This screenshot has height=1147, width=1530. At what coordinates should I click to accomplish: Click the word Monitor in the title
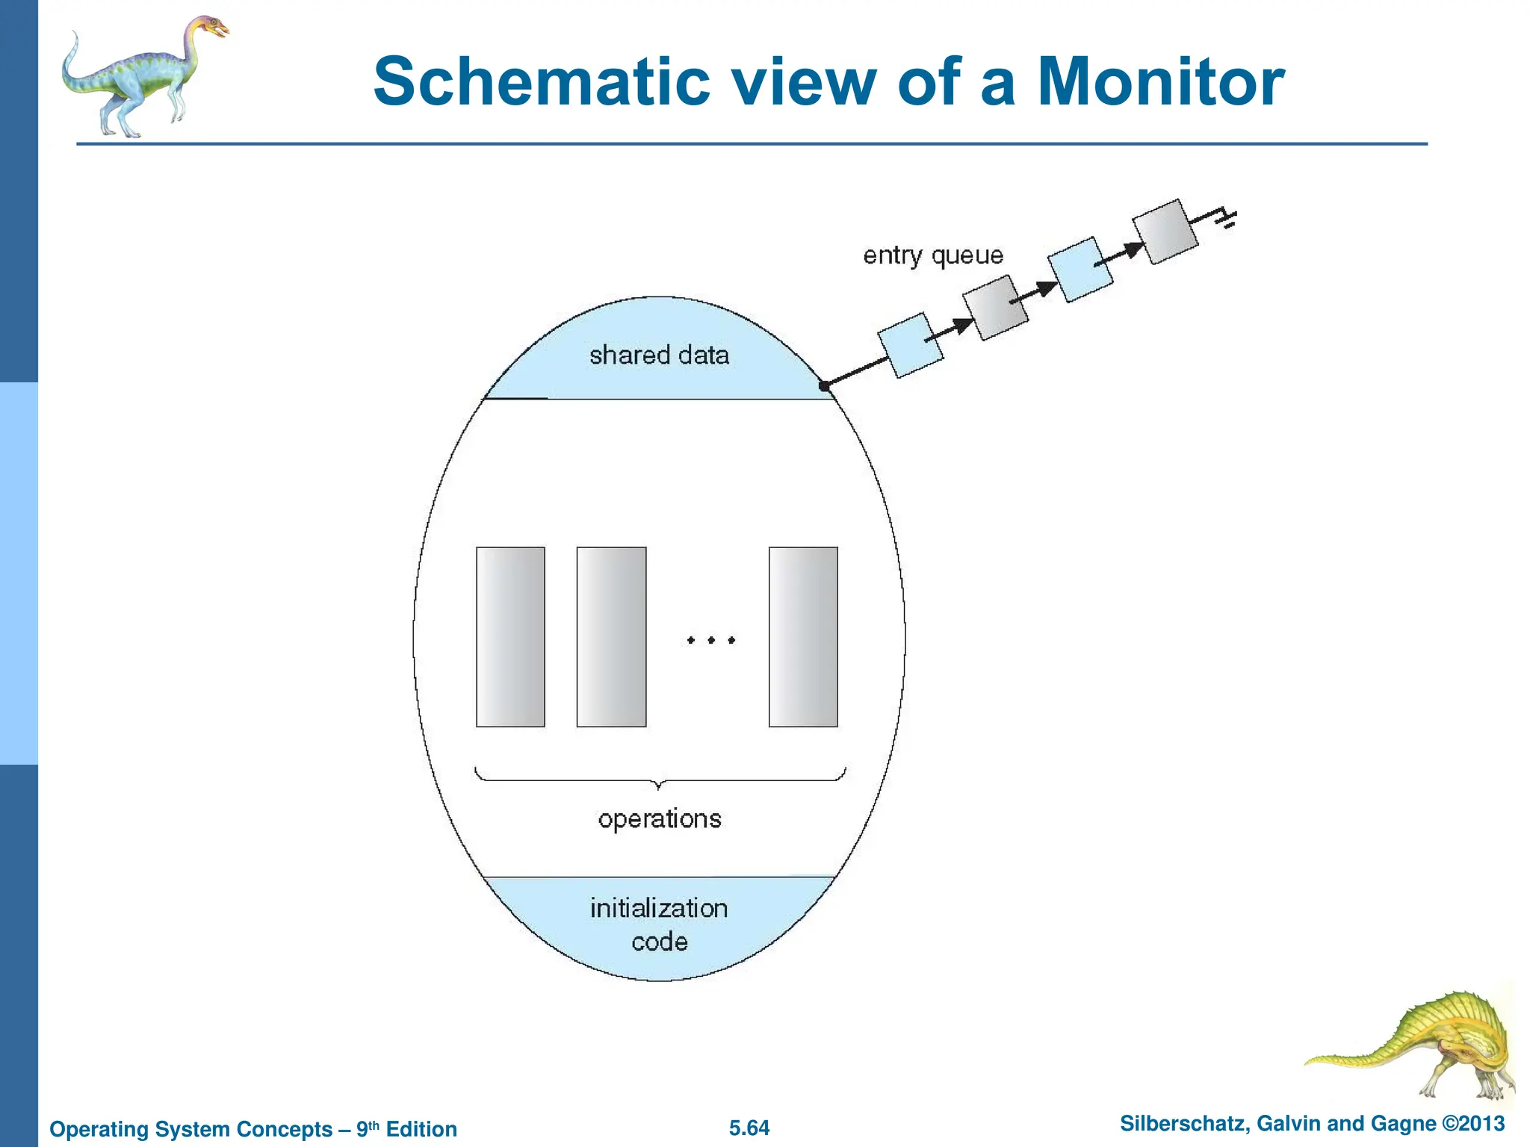(x=1160, y=82)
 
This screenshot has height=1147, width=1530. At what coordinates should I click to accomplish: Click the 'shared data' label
(x=659, y=355)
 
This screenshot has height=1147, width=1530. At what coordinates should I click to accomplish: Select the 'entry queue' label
(x=933, y=255)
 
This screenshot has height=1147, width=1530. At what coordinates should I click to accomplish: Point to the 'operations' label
(x=660, y=819)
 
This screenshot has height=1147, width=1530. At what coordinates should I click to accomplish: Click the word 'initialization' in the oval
(x=659, y=908)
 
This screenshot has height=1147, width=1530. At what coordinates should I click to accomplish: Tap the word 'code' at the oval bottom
(x=659, y=942)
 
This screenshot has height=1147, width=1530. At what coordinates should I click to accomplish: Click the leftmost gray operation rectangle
(x=510, y=637)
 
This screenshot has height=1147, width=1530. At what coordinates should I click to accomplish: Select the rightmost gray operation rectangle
(x=803, y=637)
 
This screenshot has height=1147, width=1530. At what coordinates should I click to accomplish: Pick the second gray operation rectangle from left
(x=611, y=637)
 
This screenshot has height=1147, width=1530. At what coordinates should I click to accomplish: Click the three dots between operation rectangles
(x=711, y=640)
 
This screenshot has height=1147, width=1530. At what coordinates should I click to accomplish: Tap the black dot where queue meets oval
(x=824, y=386)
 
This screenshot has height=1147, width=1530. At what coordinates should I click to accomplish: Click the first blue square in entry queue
(x=909, y=345)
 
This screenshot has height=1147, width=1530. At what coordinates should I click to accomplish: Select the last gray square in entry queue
(x=1165, y=231)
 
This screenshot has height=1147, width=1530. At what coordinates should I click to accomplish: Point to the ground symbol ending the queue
(x=1226, y=217)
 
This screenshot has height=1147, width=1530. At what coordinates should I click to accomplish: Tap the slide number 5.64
(x=749, y=1128)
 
